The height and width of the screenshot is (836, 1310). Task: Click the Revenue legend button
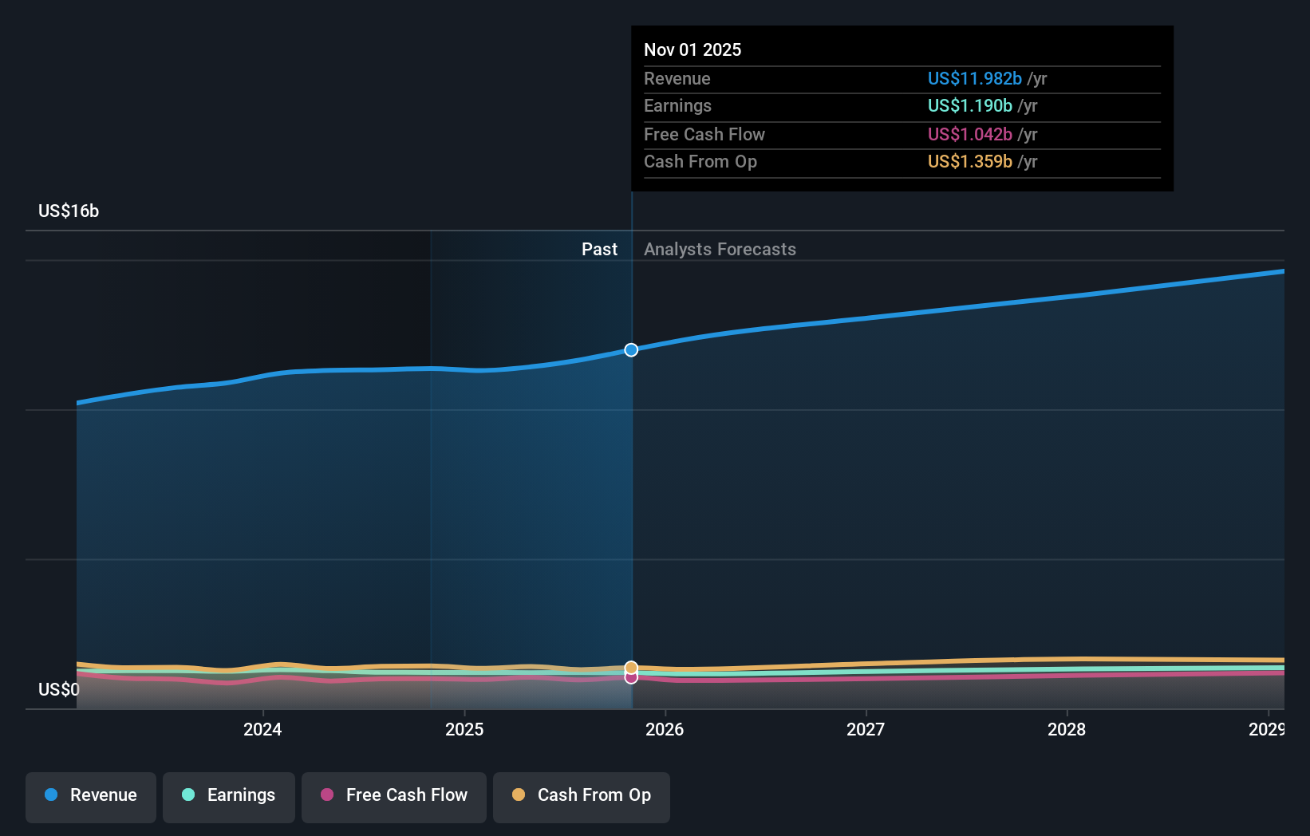pos(91,795)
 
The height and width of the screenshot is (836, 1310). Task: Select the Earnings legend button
pos(229,795)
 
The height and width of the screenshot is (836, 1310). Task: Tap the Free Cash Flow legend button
pos(394,795)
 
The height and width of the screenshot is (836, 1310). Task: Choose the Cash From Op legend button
pos(582,795)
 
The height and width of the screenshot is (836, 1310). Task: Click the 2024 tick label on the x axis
pos(262,730)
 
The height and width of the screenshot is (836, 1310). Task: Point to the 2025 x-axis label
pos(464,730)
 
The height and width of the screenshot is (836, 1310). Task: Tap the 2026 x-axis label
pos(665,730)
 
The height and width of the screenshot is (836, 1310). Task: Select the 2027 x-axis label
pos(866,730)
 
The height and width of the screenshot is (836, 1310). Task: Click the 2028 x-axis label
pos(1067,730)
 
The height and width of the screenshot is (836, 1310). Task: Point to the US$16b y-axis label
pos(69,211)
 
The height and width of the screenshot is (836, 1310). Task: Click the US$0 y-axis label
pos(59,690)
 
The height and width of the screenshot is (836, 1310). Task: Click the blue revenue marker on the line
pos(631,350)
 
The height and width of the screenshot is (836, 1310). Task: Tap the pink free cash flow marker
pos(631,678)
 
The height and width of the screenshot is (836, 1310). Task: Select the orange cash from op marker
pos(631,667)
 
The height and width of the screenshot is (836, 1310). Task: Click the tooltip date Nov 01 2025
pos(692,50)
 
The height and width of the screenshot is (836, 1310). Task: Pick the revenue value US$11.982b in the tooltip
pos(974,79)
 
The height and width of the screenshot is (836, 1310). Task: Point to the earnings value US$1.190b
pos(969,106)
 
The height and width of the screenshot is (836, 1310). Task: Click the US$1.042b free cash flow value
pos(969,135)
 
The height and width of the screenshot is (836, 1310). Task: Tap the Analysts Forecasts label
pos(720,250)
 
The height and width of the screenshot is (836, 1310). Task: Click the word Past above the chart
pos(599,250)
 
